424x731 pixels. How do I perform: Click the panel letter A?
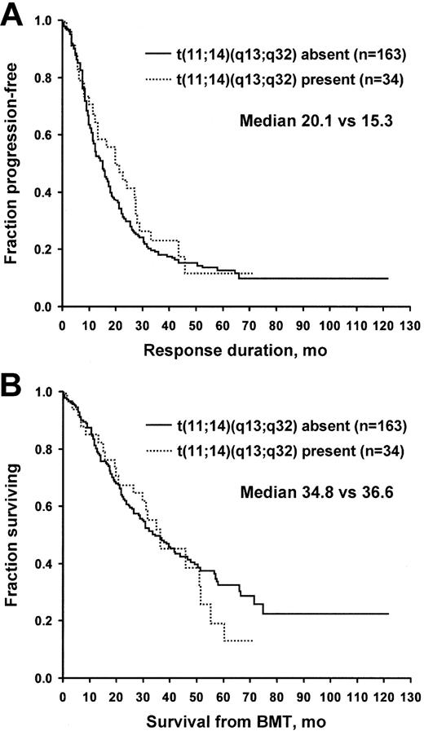14,15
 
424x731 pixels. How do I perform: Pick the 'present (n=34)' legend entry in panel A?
276,80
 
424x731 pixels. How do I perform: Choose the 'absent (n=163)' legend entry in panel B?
276,425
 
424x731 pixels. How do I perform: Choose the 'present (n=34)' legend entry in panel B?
276,451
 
